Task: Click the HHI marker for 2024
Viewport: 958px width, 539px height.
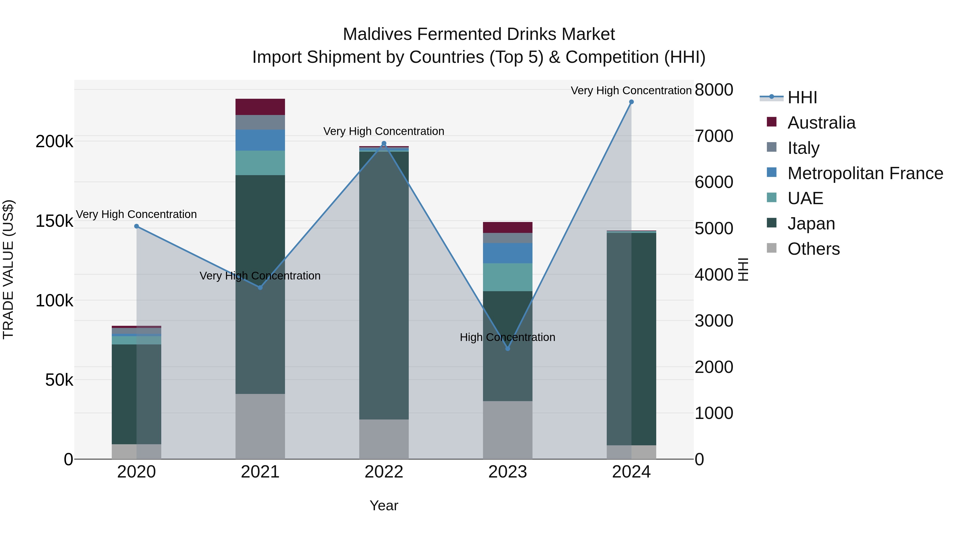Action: pos(631,102)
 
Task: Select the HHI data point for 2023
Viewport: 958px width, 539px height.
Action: pos(508,348)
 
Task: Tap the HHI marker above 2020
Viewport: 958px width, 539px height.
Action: pos(137,226)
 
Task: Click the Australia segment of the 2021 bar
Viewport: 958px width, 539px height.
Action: pos(260,107)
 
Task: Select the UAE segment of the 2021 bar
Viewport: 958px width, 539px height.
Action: pos(260,163)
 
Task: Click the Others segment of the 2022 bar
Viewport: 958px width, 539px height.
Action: pos(384,439)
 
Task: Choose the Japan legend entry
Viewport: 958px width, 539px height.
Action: pos(811,224)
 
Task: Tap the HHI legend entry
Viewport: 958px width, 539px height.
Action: pos(802,97)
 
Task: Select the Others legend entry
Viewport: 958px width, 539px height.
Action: pos(813,249)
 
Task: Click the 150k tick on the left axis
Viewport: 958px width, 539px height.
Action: pos(54,221)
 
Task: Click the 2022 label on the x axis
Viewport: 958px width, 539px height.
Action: pos(384,472)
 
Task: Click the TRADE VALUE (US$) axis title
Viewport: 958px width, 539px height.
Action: pos(8,269)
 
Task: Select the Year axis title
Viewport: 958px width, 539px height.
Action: pos(384,505)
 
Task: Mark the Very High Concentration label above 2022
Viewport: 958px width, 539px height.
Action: pos(383,131)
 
